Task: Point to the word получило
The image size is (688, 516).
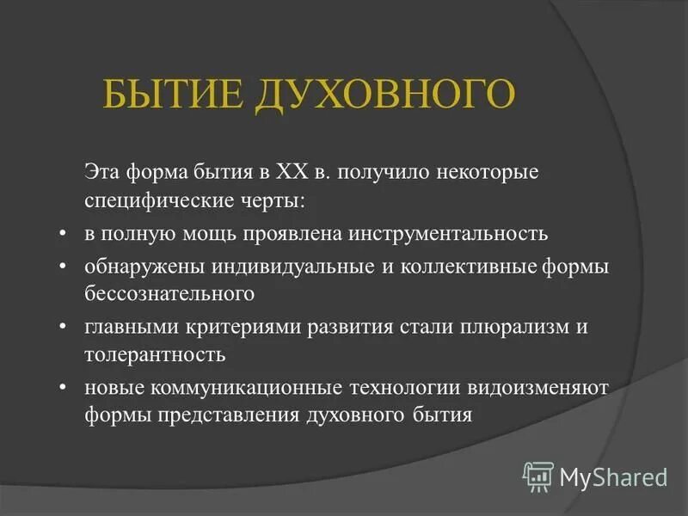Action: (375, 173)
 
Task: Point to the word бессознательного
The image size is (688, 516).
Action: (169, 293)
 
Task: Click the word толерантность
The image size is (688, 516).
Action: (155, 353)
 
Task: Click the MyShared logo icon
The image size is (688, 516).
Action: (538, 476)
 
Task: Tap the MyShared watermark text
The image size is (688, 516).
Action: (613, 476)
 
